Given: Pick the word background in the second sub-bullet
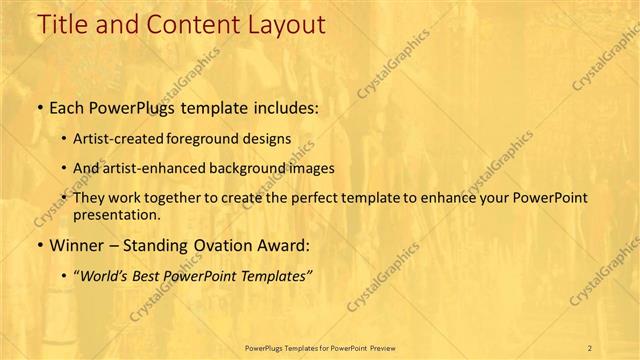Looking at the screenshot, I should [x=265, y=168].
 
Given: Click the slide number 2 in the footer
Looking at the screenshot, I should [x=591, y=348].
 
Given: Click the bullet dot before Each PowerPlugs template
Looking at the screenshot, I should [x=39, y=108].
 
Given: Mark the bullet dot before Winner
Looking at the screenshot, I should [x=39, y=244].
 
